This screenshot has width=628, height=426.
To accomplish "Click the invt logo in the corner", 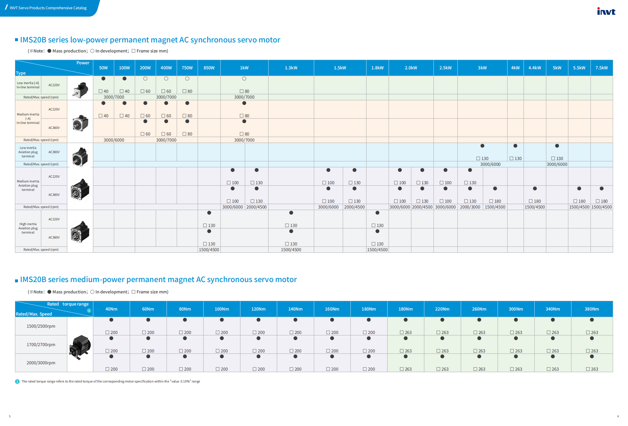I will (606, 11).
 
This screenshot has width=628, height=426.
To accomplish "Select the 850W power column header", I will (209, 68).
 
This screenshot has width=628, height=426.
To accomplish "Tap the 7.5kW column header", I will (601, 68).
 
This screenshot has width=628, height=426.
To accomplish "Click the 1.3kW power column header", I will (291, 68).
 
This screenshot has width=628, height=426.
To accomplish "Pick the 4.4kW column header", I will (535, 68).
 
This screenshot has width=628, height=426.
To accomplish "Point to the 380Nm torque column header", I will (592, 309).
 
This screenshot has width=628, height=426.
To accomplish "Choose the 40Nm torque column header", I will (111, 309).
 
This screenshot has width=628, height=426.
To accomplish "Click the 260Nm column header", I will (479, 309).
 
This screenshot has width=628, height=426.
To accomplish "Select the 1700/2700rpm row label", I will (41, 345).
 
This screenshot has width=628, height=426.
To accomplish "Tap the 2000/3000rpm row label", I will (41, 363).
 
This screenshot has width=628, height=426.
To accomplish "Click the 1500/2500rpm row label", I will (41, 326).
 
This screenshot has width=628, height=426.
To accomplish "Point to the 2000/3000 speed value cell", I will (470, 207).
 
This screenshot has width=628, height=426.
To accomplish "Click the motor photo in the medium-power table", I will (80, 347).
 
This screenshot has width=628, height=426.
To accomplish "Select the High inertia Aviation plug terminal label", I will (28, 228).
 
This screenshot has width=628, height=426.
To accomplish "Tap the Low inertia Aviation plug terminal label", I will (28, 152).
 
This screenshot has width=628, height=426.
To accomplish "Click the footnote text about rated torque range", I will (111, 381).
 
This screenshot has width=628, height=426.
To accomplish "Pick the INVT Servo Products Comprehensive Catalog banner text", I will (48, 8).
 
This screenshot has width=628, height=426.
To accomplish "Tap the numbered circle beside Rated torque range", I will (89, 311).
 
